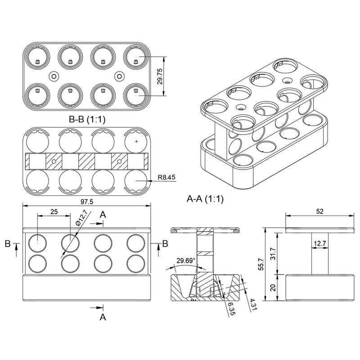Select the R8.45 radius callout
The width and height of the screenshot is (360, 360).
coord(166,177)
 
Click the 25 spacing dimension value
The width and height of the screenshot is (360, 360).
coord(54,211)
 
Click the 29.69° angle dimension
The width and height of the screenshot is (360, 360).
coord(186,261)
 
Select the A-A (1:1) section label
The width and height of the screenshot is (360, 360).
coord(205,198)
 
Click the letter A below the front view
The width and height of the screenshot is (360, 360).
coord(103,317)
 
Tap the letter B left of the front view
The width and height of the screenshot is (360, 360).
coord(8,243)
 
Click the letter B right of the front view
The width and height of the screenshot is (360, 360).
coord(165,243)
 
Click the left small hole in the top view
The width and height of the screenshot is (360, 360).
coord(54,76)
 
